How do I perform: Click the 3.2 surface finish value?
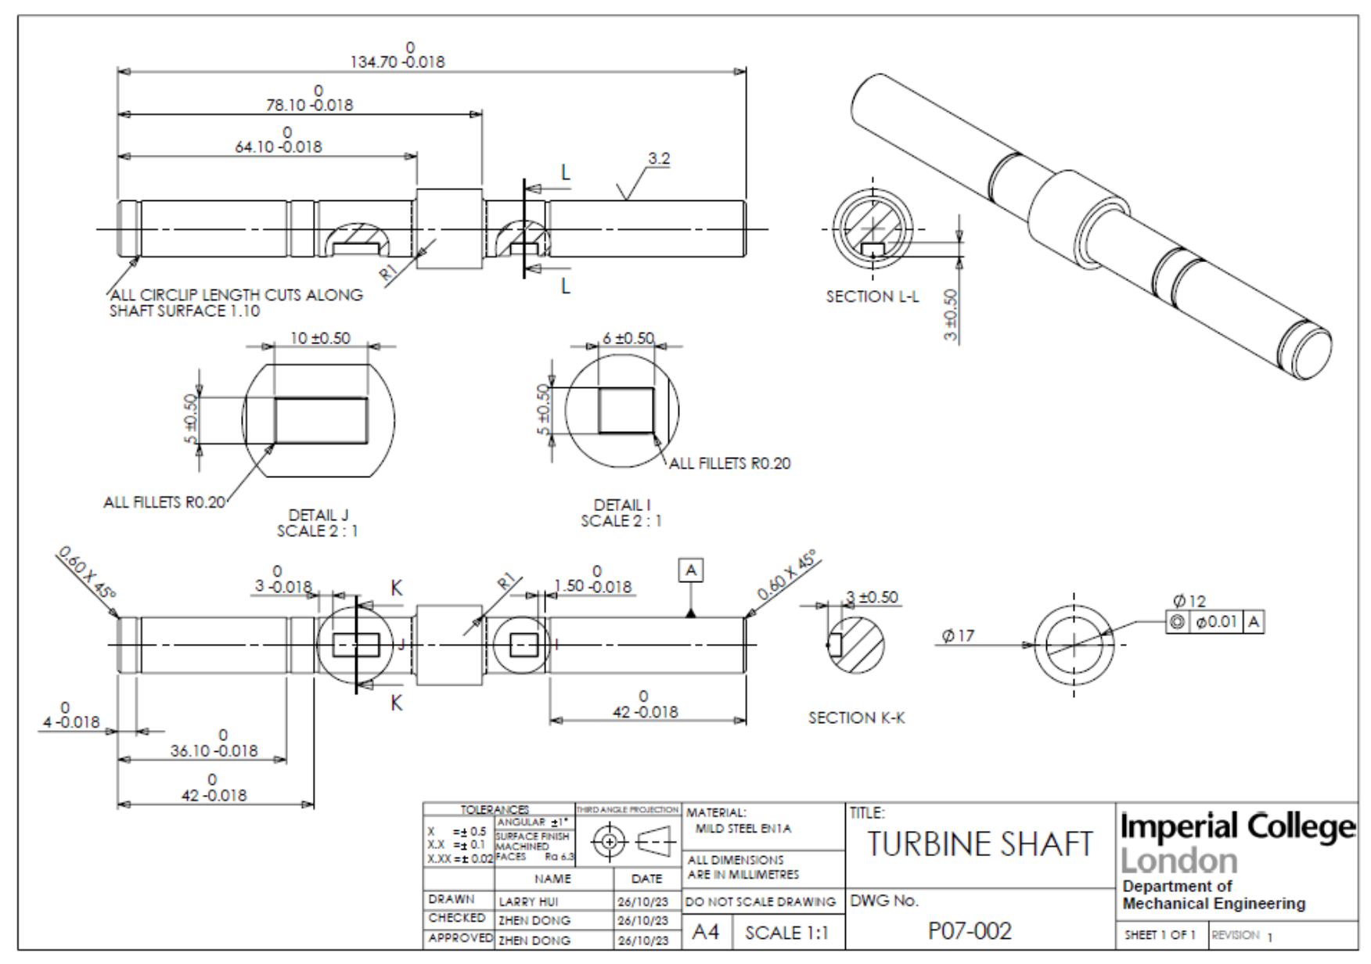tap(659, 159)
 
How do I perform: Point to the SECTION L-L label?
tap(873, 297)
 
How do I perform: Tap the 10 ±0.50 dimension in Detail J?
tap(320, 338)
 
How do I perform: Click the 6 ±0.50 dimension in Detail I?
tap(628, 338)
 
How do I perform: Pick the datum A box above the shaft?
tap(690, 570)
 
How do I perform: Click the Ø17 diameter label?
tap(958, 635)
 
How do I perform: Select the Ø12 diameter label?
tap(1189, 601)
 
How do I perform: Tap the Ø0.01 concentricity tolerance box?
tap(1216, 622)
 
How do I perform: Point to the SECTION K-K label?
tap(856, 718)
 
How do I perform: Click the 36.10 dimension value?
tap(214, 750)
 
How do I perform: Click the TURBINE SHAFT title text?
tap(979, 844)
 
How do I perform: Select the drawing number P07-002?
tap(970, 930)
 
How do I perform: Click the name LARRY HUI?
tap(528, 901)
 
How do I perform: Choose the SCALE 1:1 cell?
tap(786, 933)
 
